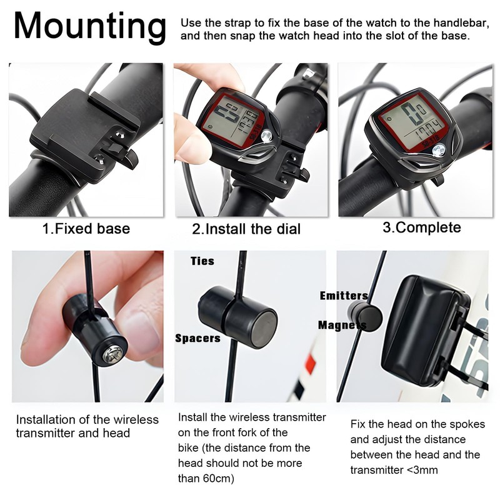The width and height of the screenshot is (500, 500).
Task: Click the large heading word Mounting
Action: coord(90,26)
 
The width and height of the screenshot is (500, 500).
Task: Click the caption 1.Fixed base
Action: coord(86,229)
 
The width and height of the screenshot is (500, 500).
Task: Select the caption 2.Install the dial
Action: coord(246,229)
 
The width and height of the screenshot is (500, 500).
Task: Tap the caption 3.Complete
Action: coord(422,227)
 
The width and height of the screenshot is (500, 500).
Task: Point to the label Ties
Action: coord(202,261)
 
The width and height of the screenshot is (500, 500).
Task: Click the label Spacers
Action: coord(197,338)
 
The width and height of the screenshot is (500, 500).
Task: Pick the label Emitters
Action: coord(343,296)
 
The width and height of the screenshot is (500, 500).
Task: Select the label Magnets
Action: coord(341,325)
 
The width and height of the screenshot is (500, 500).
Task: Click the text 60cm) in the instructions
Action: coord(221,479)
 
